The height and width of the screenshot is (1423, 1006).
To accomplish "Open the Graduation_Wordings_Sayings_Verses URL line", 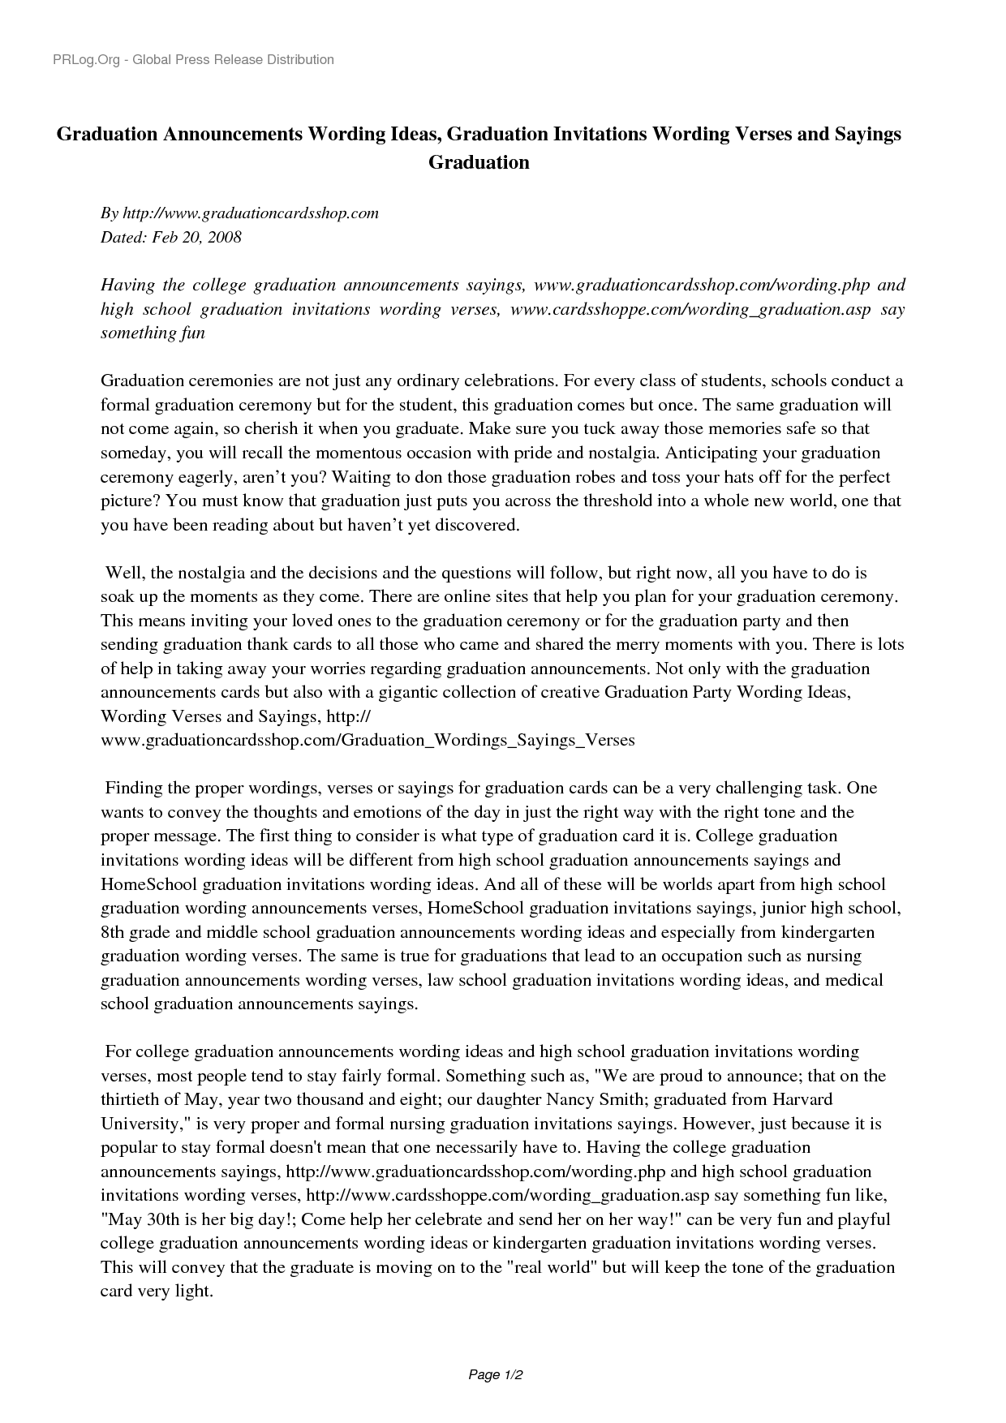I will click(x=367, y=740).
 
